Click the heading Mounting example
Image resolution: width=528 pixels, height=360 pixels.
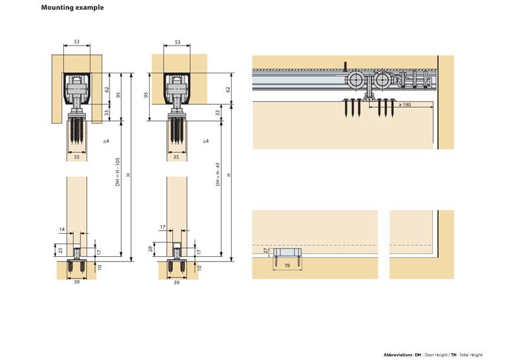click(72, 8)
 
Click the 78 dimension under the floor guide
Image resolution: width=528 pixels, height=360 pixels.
click(286, 266)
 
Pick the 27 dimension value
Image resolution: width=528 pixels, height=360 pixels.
click(266, 252)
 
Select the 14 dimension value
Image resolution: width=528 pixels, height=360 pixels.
click(63, 229)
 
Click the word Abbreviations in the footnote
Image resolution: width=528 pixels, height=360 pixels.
click(398, 355)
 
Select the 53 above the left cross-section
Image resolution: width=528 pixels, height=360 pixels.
click(77, 42)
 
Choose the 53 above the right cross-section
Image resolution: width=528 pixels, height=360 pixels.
click(177, 42)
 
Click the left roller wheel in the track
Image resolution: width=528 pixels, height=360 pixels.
click(356, 81)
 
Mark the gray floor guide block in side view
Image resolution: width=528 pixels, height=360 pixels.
click(287, 253)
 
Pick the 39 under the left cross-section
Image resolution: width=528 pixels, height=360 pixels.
click(77, 281)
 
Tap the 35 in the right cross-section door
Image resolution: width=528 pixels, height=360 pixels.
click(176, 158)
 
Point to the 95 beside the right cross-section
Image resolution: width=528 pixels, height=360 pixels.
click(146, 94)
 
